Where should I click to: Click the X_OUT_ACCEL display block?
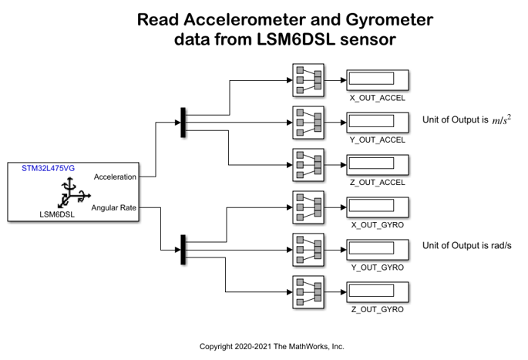click(x=377, y=79)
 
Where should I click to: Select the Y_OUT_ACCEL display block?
click(x=377, y=122)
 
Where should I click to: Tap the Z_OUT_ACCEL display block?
click(x=377, y=163)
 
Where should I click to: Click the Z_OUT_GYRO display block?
click(x=377, y=291)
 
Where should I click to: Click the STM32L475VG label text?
click(x=43, y=168)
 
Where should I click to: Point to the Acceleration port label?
click(x=115, y=177)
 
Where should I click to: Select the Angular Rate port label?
click(x=115, y=207)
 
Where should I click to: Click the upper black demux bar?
click(x=183, y=122)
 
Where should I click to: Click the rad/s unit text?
click(x=497, y=246)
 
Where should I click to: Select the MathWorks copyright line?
click(x=271, y=347)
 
